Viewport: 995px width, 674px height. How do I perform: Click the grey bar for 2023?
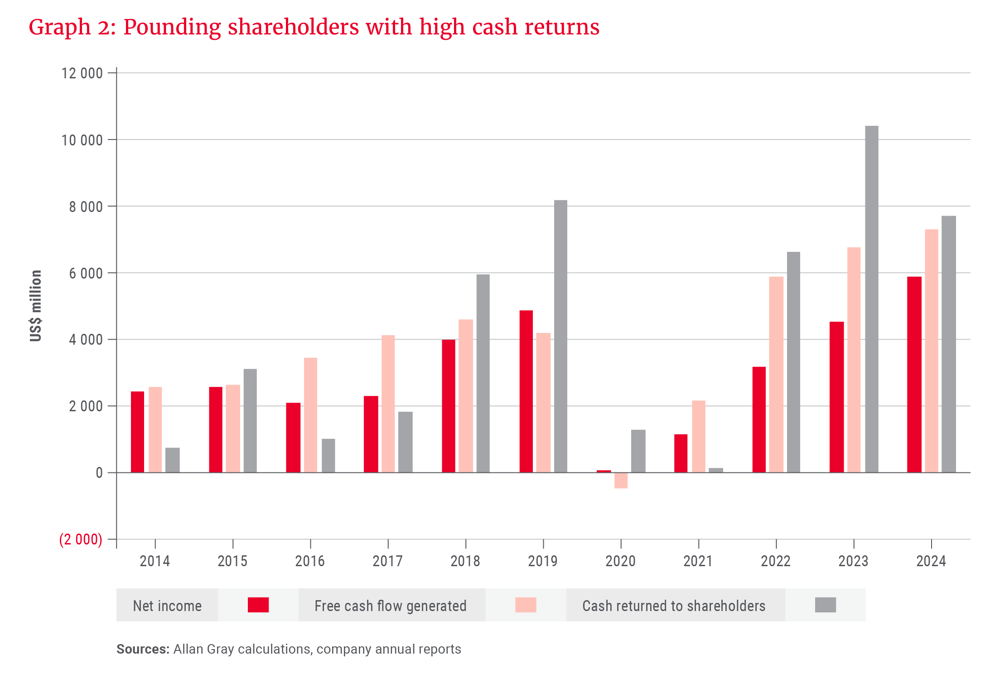pos(871,299)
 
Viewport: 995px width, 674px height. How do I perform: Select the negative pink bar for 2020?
pos(621,481)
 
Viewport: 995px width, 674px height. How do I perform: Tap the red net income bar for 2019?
pos(526,391)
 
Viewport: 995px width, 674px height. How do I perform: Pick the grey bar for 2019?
pos(560,336)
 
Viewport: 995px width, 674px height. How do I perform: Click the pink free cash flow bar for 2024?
pos(931,351)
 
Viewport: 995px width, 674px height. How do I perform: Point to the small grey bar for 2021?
pos(716,470)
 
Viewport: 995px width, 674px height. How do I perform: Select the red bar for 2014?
pos(137,432)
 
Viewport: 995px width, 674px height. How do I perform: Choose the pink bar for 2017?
pos(388,404)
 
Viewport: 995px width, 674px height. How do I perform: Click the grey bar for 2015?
pos(250,420)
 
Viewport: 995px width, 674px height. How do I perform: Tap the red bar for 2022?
pos(758,419)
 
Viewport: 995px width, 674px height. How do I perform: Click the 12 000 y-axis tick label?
pos(82,73)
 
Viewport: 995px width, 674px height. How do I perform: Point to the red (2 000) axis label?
pos(81,539)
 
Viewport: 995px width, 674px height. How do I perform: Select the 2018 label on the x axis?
pos(465,561)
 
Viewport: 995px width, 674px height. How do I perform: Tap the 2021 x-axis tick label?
pos(698,561)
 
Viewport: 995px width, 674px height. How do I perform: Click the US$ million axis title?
pos(36,306)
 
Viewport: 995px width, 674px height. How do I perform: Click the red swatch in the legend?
pos(258,605)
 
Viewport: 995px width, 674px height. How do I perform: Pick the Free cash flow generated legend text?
pos(390,606)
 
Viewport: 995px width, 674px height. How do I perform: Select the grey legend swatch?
pos(825,605)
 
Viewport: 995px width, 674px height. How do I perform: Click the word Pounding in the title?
pos(172,27)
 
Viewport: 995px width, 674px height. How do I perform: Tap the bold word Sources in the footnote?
pos(142,649)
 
